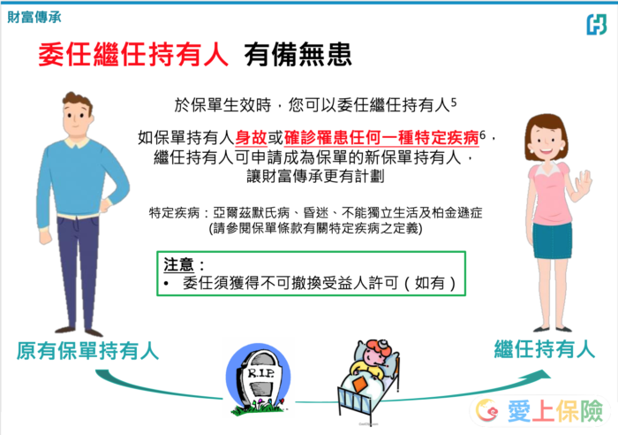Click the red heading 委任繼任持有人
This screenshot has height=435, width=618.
coord(133,55)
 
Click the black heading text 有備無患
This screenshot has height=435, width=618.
coord(298,55)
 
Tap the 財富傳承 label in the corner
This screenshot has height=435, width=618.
coord(34,17)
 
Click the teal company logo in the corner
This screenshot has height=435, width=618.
coord(596,25)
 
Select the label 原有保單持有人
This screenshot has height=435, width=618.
coord(87,350)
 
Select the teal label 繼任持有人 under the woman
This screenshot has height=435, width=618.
coord(545,349)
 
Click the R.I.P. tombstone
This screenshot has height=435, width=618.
coord(259,379)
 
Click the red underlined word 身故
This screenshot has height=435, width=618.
coord(252,138)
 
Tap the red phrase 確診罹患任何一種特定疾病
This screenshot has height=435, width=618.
coord(381,138)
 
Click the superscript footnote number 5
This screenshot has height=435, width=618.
coord(454,103)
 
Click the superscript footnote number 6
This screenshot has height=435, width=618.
coord(483,135)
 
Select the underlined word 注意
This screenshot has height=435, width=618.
coord(178,264)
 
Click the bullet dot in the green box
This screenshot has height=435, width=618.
coord(167,284)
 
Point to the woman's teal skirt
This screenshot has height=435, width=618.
coord(552,240)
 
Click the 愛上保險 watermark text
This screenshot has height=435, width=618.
coord(555,411)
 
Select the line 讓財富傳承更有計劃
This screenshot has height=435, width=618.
coord(315,176)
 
